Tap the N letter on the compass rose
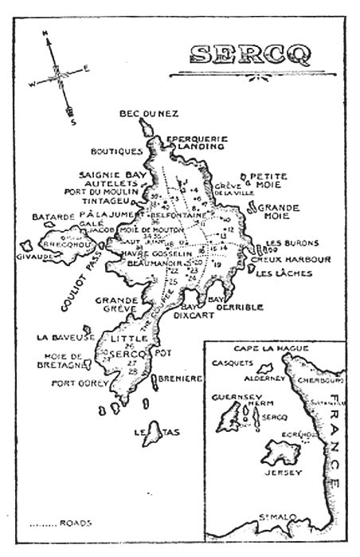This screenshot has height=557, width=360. click(x=46, y=33)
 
